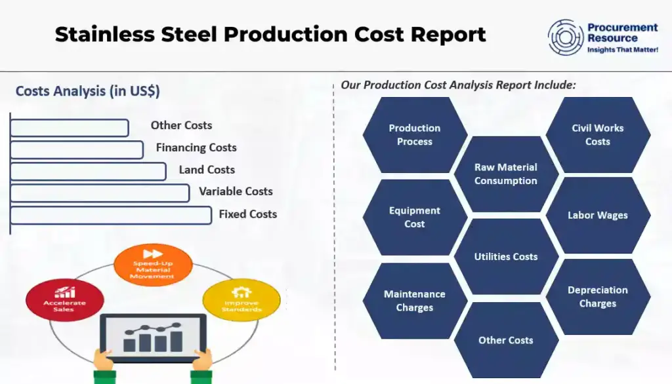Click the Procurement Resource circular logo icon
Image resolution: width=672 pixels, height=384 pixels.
pos(566,37)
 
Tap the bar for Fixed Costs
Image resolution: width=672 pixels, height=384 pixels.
pos(111,215)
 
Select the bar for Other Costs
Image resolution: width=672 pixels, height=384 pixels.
pos(70,128)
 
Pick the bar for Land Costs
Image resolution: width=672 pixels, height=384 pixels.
pos(88,171)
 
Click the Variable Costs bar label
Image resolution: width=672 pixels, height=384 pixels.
pos(236,191)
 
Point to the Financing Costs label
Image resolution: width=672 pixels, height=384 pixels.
pos(196,147)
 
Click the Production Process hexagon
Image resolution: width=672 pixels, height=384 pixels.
pos(415,135)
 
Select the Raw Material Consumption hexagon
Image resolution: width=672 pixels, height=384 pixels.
pos(506,174)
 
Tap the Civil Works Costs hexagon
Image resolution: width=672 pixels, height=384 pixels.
pos(598,135)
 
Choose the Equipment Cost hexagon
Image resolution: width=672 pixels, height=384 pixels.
pos(415,218)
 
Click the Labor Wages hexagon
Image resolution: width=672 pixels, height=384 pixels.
pos(598,215)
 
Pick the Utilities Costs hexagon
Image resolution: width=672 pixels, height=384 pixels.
pos(506,257)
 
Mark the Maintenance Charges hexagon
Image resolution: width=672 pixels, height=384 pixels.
pos(415,301)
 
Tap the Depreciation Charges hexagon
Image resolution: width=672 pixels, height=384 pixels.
pos(598,297)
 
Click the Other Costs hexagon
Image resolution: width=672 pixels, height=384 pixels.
pos(506,340)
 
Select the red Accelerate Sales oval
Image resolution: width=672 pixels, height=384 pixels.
pos(64,299)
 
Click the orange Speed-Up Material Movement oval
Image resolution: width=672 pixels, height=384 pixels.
pos(152,265)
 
